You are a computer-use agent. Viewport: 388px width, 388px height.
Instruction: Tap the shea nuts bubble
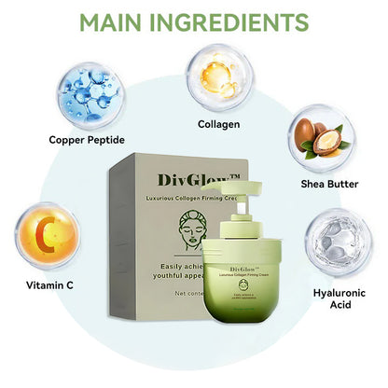pos(319,138)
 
